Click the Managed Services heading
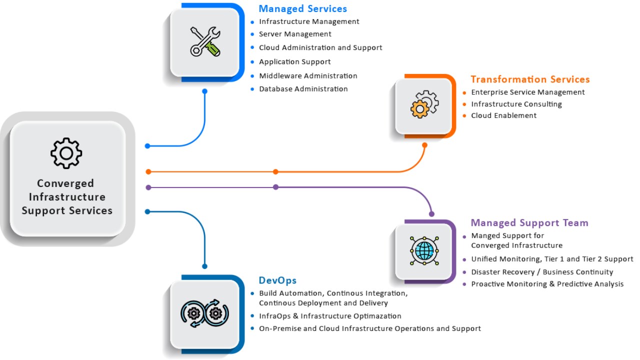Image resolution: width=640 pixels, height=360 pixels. click(x=302, y=8)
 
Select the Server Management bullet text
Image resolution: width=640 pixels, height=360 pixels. click(x=295, y=34)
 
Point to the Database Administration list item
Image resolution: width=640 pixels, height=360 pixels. click(x=303, y=89)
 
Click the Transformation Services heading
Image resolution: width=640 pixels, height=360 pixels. click(x=530, y=79)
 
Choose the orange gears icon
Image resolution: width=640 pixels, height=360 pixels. click(x=424, y=104)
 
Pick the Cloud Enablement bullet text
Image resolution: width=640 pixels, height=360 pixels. click(x=503, y=115)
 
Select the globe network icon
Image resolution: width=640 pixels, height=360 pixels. click(x=424, y=250)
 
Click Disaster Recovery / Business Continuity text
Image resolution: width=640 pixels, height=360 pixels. click(x=542, y=272)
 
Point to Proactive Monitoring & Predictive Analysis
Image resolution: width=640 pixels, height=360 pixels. click(x=547, y=284)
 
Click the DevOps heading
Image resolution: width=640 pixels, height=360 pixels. click(x=277, y=280)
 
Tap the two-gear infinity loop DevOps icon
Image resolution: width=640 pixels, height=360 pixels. click(x=204, y=313)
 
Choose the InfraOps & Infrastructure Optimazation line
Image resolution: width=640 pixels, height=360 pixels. click(x=330, y=316)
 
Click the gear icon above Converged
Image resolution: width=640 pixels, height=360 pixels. click(x=66, y=152)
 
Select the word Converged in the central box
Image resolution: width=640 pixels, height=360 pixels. click(x=65, y=183)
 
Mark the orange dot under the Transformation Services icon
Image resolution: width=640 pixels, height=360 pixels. click(x=424, y=145)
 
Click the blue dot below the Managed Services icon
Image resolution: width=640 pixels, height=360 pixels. click(x=204, y=91)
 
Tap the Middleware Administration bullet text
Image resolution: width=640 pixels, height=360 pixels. click(x=308, y=76)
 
